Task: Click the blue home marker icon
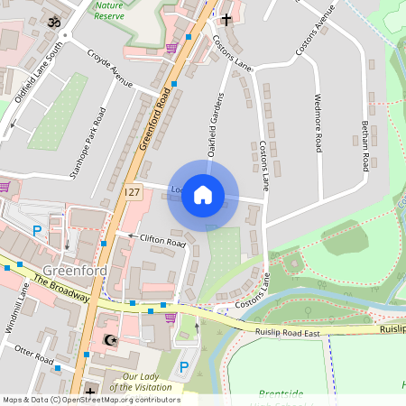click(203, 194)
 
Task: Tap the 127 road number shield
click(133, 193)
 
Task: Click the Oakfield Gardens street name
click(216, 126)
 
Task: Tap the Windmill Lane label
click(19, 308)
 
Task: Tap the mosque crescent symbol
click(111, 340)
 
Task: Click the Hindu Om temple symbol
click(52, 21)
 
